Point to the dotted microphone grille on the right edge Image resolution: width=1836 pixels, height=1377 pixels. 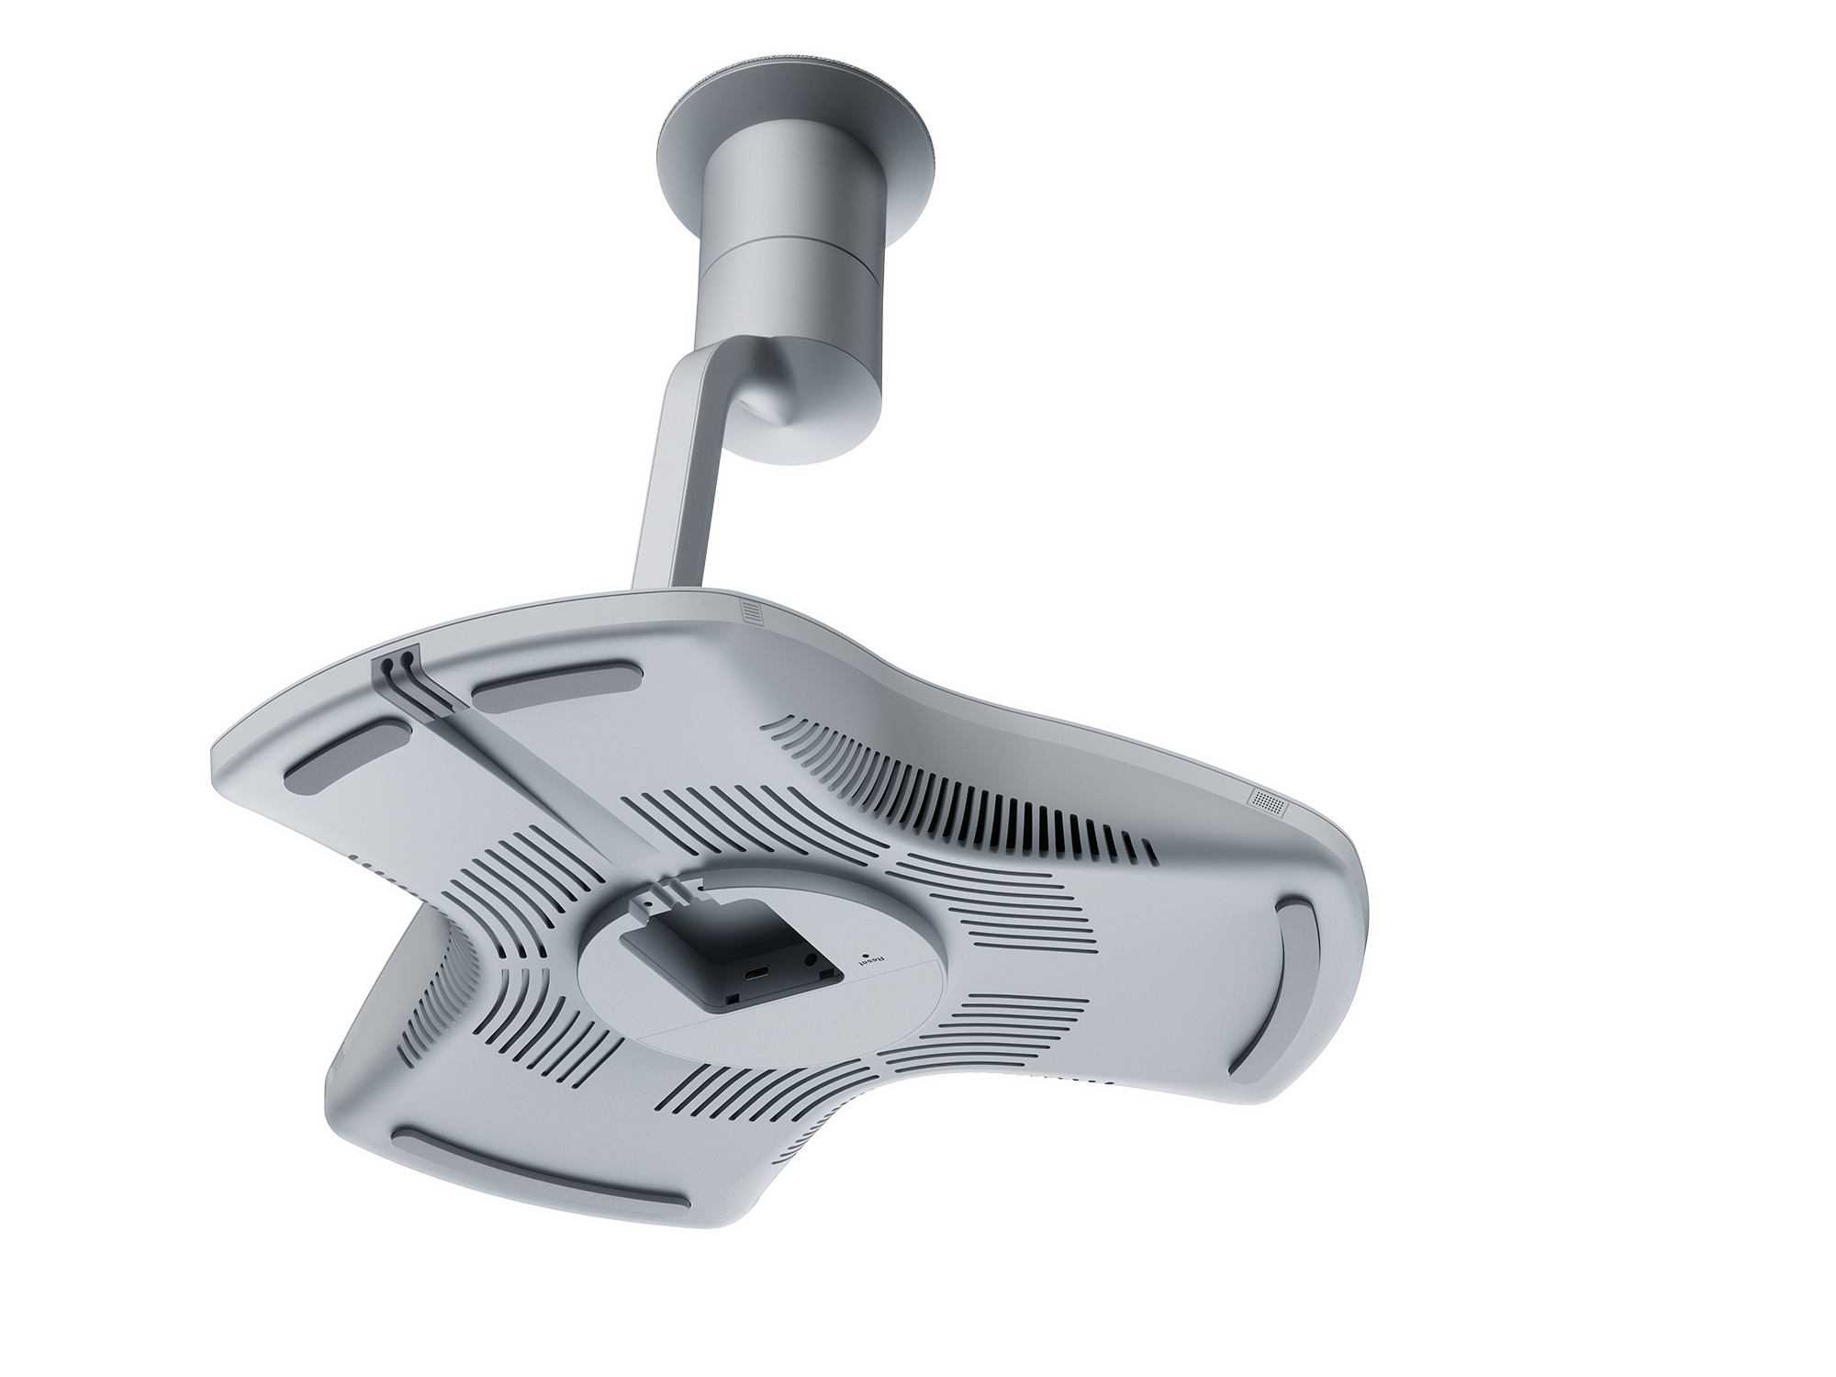1270,800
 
